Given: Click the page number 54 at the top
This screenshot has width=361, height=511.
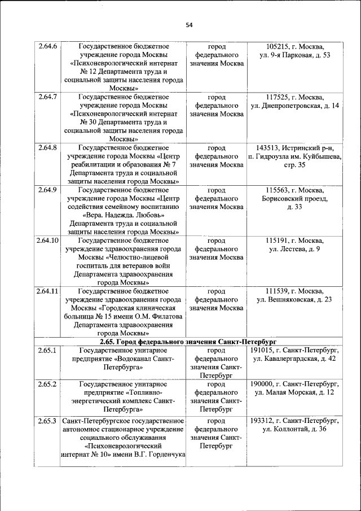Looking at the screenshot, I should (x=189, y=25).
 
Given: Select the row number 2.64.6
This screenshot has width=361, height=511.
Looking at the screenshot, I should (x=48, y=46).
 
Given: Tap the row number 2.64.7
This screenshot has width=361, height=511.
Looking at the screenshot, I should (x=48, y=97).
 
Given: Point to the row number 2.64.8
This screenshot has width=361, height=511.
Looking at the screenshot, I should (x=48, y=148).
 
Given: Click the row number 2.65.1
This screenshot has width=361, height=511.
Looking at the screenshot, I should (x=48, y=350).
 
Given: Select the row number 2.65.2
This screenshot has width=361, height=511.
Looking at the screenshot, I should (x=48, y=384).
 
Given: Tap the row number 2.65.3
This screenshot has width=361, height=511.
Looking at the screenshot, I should (x=48, y=421).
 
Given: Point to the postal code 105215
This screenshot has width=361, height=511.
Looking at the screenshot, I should (x=278, y=46).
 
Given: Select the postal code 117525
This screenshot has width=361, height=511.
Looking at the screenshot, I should (x=278, y=97).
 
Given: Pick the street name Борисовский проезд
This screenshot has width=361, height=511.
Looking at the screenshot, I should (x=294, y=198).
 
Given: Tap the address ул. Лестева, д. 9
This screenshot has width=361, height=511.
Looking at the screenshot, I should (x=294, y=249).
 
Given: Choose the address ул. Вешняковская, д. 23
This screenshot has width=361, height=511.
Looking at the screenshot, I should (x=294, y=299).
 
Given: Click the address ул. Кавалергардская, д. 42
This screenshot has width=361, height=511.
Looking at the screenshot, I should (x=294, y=359).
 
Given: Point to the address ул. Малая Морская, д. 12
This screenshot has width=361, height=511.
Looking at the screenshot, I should (x=294, y=392).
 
